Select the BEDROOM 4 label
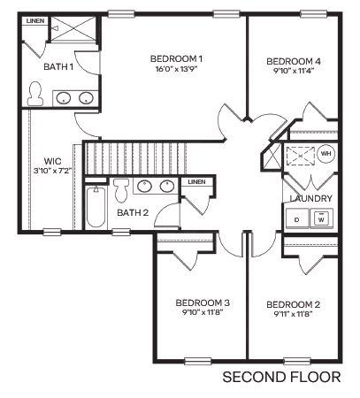coord(293,61)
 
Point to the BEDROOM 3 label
coord(203,301)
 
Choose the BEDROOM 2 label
coord(293,304)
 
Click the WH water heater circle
coord(326,153)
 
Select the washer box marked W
coord(322,218)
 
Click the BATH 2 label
coord(132,212)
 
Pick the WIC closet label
coord(40,160)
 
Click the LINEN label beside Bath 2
coord(195,182)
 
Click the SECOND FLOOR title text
coord(280,378)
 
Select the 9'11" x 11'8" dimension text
coord(293,315)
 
